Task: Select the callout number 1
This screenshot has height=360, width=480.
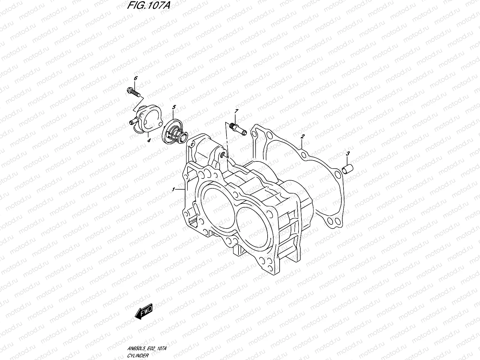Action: [173, 190]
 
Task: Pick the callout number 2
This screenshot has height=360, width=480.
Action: [303, 136]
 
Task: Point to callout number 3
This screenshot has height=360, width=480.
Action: [348, 154]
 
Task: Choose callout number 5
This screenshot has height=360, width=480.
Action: [174, 107]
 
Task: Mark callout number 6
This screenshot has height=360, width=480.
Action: [136, 78]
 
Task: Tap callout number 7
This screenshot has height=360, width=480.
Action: [236, 112]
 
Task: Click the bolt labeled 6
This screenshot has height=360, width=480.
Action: [134, 92]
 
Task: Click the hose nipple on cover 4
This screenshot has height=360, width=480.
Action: [133, 121]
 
